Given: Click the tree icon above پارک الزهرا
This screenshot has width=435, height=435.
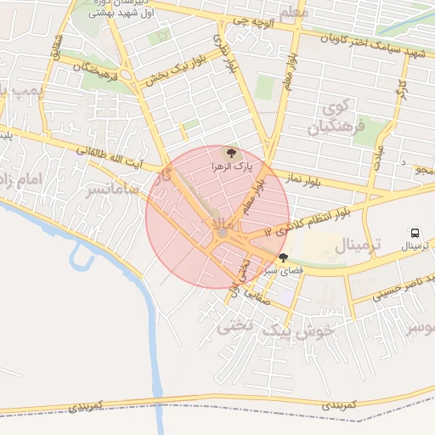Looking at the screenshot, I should pos(229,153).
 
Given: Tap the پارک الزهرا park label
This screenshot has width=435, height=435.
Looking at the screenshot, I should pos(228,167).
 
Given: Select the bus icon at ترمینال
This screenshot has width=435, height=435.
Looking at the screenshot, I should pos(415,233).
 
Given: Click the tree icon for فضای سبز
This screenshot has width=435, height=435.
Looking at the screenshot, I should pos(283,257).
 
